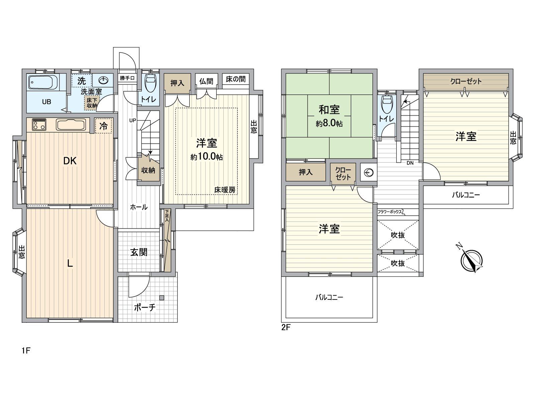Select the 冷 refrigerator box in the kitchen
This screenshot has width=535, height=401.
point(104,126)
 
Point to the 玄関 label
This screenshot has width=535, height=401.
point(139,252)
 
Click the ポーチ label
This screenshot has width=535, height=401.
point(145,307)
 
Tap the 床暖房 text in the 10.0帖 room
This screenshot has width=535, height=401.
point(225,190)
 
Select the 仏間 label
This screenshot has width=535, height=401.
point(206,81)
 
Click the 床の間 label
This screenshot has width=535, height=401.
point(236,79)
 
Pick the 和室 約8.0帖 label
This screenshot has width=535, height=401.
point(329,115)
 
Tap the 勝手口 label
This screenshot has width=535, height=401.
point(127,78)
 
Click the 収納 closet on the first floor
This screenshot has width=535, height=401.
point(148,170)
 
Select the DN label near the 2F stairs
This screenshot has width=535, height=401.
point(410,163)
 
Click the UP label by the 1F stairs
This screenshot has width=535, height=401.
point(132,120)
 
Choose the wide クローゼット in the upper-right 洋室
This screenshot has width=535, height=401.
point(466,82)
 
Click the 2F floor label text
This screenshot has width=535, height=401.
point(286,327)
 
